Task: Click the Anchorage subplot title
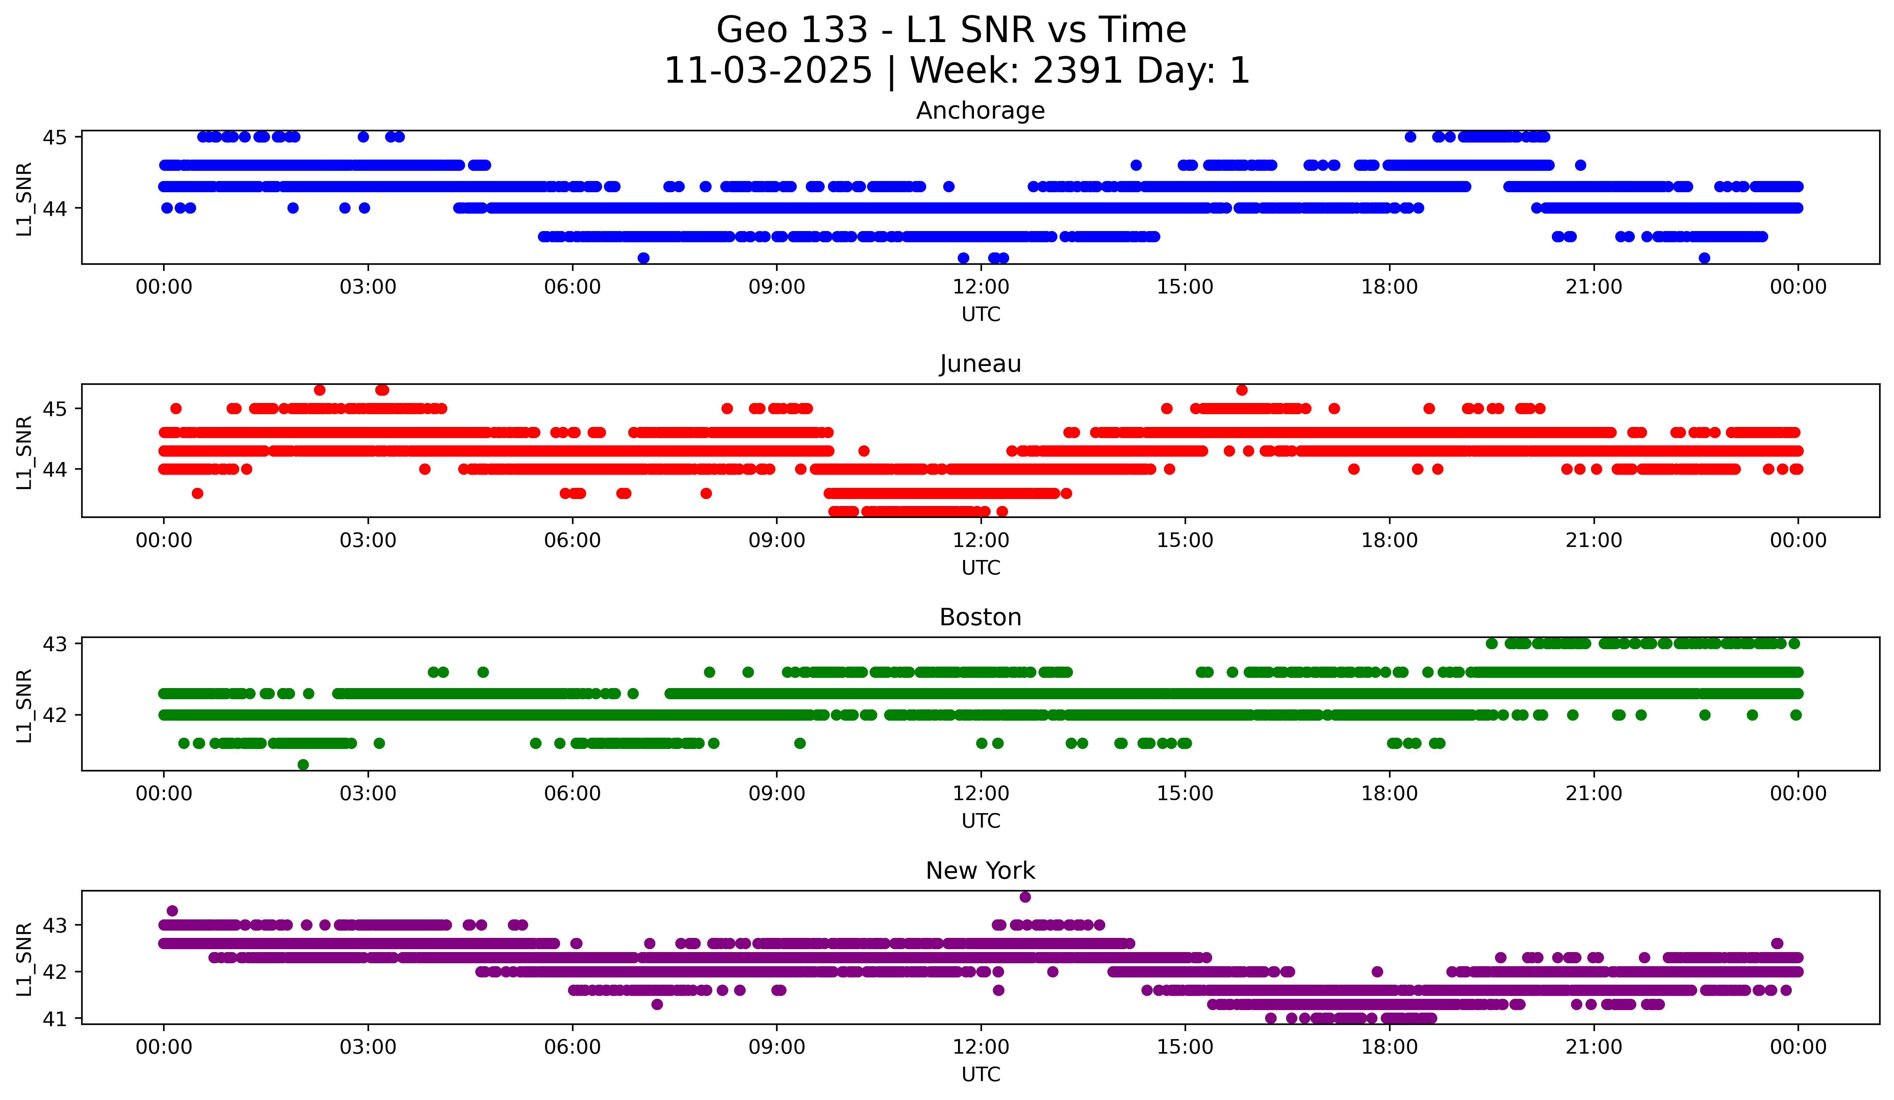pyautogui.click(x=980, y=111)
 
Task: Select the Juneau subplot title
pyautogui.click(x=980, y=364)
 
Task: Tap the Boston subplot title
pyautogui.click(x=980, y=617)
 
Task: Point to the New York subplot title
pyautogui.click(x=980, y=871)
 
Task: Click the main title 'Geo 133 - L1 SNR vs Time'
pyautogui.click(x=951, y=30)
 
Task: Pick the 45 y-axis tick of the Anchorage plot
pyautogui.click(x=54, y=137)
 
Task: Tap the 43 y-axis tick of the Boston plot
pyautogui.click(x=54, y=644)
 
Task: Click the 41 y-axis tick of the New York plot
pyautogui.click(x=54, y=1019)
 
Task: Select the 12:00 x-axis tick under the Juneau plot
pyautogui.click(x=981, y=540)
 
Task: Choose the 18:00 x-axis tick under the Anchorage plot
pyautogui.click(x=1389, y=287)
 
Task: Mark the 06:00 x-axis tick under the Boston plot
pyautogui.click(x=573, y=793)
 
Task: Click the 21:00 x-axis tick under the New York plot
pyautogui.click(x=1593, y=1047)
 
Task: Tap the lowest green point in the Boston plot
pyautogui.click(x=303, y=765)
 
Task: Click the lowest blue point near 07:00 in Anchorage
pyautogui.click(x=643, y=258)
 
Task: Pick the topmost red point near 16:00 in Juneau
pyautogui.click(x=1242, y=390)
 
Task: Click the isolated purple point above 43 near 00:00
pyautogui.click(x=172, y=911)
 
